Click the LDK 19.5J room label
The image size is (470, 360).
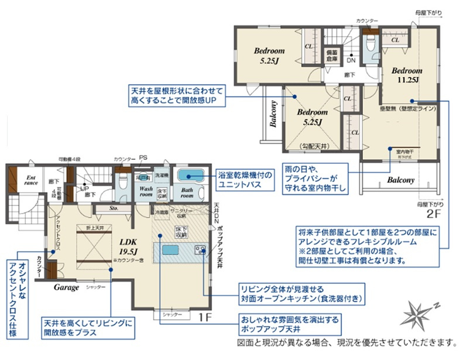[128, 245]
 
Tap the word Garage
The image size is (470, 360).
[67, 288]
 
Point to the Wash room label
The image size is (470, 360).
[146, 192]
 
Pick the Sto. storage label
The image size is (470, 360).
[115, 208]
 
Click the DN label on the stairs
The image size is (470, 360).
[351, 60]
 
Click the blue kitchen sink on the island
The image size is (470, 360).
[170, 250]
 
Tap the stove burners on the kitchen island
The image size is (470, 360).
[200, 251]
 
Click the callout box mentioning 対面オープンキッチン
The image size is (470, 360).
[301, 293]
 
